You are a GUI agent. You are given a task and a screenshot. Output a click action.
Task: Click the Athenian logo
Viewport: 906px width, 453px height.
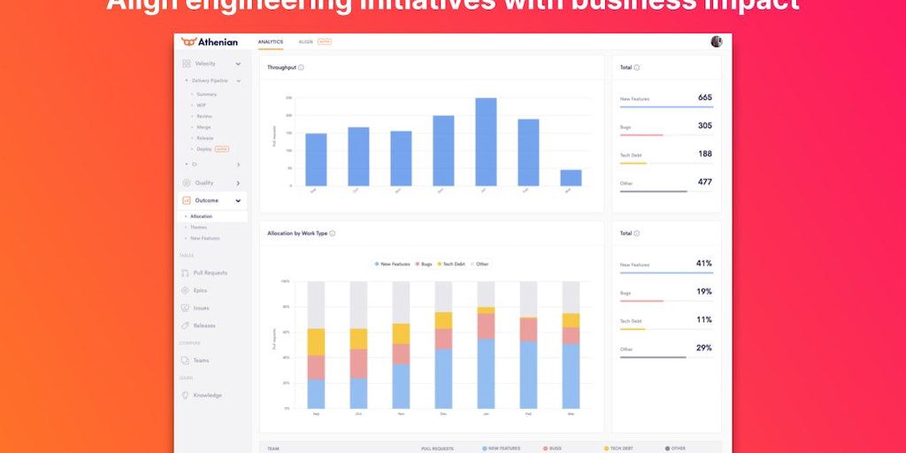pyautogui.click(x=209, y=42)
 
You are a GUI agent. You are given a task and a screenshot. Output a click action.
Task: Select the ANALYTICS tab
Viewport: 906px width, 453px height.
pyautogui.click(x=271, y=42)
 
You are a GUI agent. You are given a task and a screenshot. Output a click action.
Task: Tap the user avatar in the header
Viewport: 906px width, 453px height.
pyautogui.click(x=716, y=42)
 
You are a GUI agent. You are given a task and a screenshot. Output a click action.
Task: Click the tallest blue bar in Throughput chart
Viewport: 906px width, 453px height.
pyautogui.click(x=486, y=142)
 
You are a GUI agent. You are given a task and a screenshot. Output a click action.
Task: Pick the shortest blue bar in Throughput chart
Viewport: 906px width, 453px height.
pyautogui.click(x=571, y=178)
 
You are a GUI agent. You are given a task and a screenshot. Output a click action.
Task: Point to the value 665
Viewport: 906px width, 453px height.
pyautogui.click(x=704, y=97)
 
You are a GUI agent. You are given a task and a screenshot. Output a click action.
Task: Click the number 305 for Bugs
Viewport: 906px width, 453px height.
pyautogui.click(x=704, y=126)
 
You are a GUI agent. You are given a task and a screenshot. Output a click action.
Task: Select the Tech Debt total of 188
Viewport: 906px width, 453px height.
pyautogui.click(x=704, y=154)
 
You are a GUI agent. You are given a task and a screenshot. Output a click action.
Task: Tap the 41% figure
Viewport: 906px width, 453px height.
pyautogui.click(x=704, y=264)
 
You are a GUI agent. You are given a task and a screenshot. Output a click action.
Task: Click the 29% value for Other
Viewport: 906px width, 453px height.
pyautogui.click(x=704, y=348)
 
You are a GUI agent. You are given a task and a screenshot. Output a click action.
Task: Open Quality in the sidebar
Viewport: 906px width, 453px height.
pyautogui.click(x=204, y=183)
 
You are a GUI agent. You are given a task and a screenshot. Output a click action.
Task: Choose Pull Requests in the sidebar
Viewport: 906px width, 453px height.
pyautogui.click(x=210, y=273)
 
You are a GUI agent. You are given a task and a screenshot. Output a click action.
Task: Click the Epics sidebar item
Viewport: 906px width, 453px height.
pyautogui.click(x=200, y=290)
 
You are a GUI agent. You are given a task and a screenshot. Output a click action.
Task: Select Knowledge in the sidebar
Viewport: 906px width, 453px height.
pyautogui.click(x=207, y=395)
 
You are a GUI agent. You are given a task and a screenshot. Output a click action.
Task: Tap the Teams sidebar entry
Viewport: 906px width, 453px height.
pyautogui.click(x=201, y=360)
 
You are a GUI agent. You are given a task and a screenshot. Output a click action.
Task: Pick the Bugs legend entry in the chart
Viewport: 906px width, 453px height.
pyautogui.click(x=424, y=264)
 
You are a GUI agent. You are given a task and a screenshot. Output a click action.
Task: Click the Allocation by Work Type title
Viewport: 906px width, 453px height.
pyautogui.click(x=297, y=234)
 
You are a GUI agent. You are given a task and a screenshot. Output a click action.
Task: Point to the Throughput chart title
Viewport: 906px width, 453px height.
pyautogui.click(x=281, y=67)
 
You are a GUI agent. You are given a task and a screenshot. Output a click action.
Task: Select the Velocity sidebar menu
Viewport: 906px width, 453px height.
pyautogui.click(x=205, y=64)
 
